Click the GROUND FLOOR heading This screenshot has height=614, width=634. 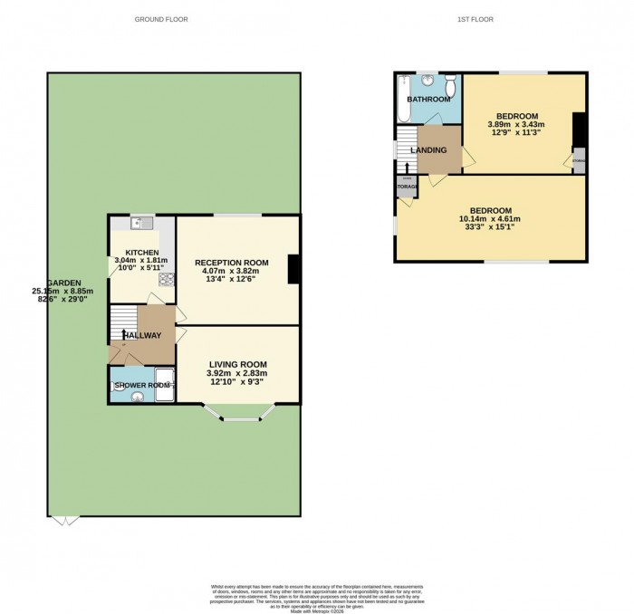point(157,19)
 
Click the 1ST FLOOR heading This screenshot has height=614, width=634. point(475,19)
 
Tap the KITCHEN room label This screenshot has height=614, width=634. point(142,253)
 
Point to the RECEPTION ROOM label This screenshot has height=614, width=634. point(236,261)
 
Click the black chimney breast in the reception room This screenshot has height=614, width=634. point(293,270)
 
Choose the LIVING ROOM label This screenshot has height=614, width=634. point(238,363)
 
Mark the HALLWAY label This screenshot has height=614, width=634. point(142,336)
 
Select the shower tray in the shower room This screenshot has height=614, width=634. point(164,383)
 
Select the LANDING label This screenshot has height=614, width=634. point(428,150)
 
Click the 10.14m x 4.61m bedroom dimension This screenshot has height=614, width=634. point(490,218)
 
